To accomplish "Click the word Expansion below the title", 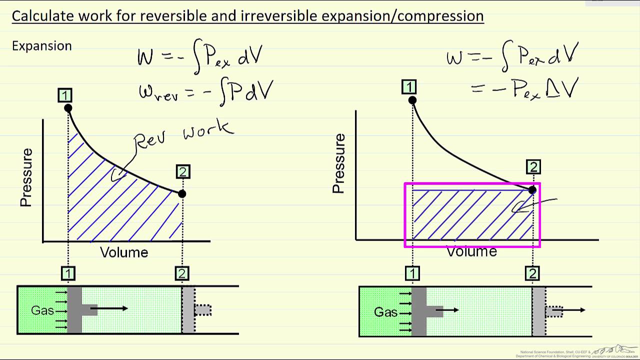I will click(x=42, y=46).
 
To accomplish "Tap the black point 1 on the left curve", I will click(x=68, y=108).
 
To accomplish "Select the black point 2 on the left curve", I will click(x=182, y=193).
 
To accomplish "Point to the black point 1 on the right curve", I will click(x=412, y=100).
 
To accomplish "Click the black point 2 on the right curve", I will click(x=532, y=189).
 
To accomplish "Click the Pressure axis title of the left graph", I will click(x=26, y=177).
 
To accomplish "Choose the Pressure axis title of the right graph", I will click(x=339, y=163).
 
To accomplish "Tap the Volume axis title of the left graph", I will click(x=124, y=252).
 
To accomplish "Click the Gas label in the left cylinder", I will click(x=42, y=310).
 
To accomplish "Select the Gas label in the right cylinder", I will click(x=385, y=312).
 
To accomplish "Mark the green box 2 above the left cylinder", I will click(x=182, y=273).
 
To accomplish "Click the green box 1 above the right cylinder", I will click(x=412, y=273).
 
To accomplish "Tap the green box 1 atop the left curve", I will click(x=65, y=95).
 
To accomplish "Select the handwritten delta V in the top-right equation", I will click(x=564, y=88).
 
